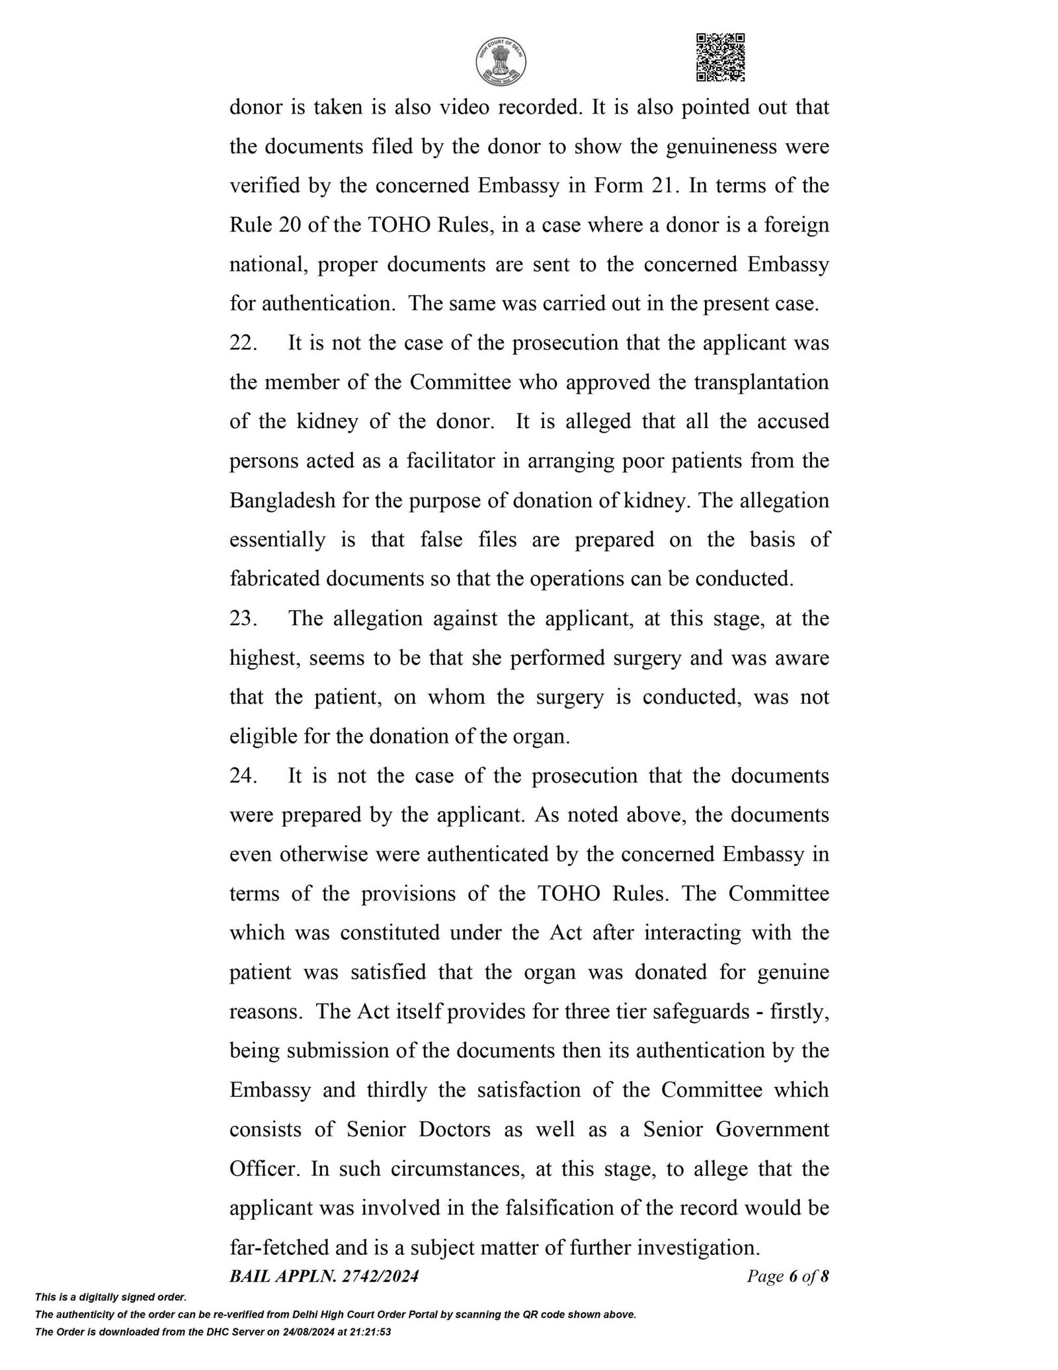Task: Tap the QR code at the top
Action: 721,58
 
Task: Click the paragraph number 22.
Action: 243,344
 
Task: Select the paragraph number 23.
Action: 243,619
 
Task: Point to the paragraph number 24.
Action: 243,776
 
